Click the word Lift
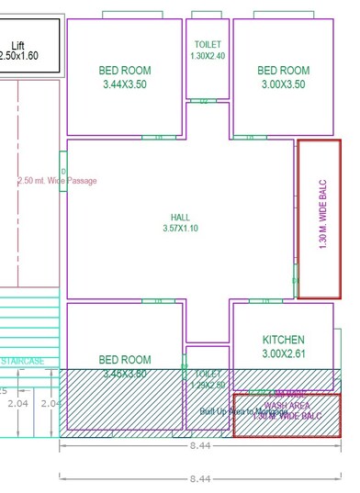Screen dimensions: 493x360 tap(17, 45)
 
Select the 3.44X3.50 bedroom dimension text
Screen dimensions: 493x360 tap(125, 84)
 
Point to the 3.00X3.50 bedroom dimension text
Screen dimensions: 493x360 tap(283, 84)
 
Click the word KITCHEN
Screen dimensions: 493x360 tap(283, 340)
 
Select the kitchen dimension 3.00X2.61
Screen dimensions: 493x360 tap(283, 353)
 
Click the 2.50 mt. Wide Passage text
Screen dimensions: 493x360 tap(57, 181)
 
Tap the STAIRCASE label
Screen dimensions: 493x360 tap(22, 362)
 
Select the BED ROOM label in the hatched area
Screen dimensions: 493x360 tap(125, 360)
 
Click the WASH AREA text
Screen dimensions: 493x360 tap(287, 405)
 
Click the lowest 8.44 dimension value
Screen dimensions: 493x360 tap(200, 478)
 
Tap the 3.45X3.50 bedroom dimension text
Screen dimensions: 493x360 tap(125, 374)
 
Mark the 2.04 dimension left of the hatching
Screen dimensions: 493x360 tap(17, 403)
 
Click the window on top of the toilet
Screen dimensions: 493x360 tap(208, 15)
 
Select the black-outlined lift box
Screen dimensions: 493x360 tap(30, 46)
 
